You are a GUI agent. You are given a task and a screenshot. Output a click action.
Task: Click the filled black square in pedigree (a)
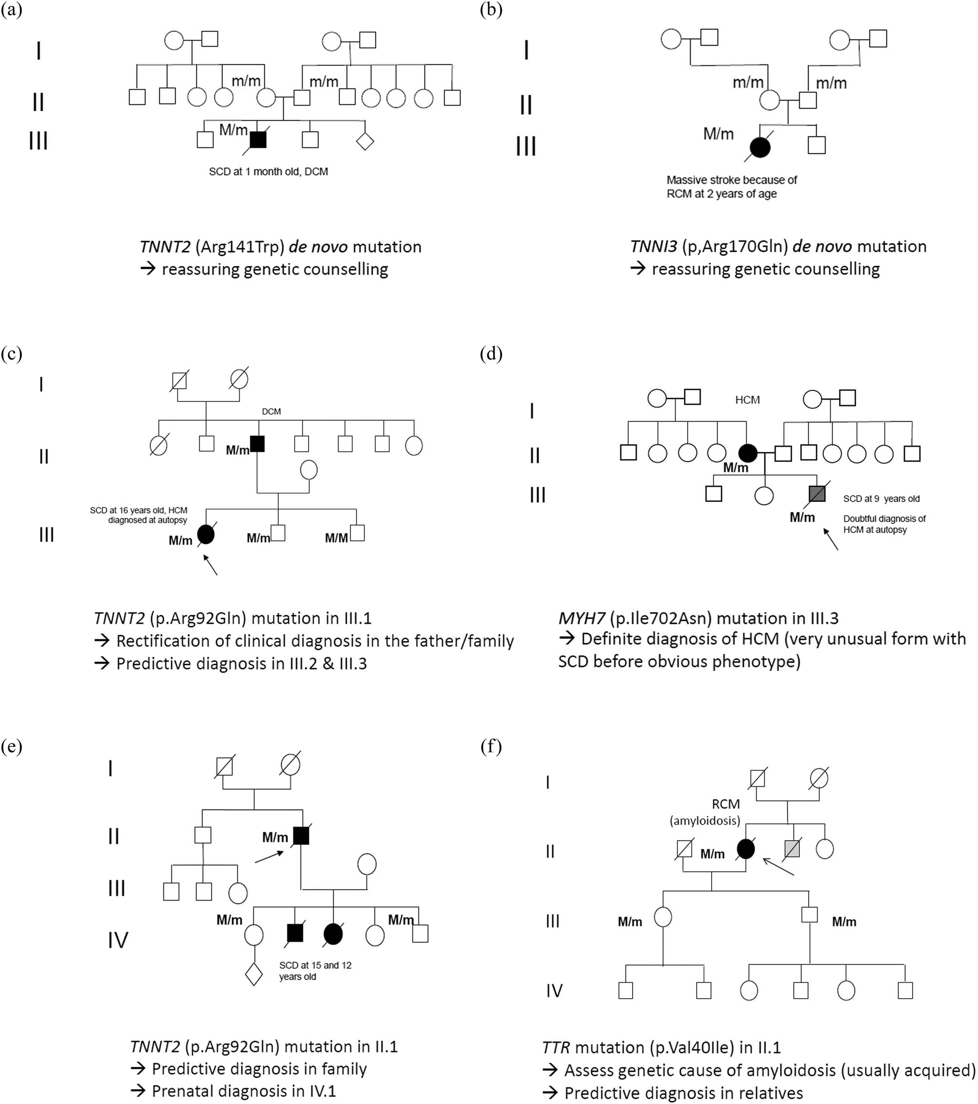258,140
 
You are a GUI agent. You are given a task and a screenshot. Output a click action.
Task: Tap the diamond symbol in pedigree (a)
365,141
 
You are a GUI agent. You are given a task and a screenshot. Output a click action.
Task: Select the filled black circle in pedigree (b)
760,147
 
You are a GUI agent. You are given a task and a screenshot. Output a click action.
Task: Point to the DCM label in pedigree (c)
271,412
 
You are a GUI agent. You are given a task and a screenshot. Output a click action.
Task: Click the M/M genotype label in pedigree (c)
336,538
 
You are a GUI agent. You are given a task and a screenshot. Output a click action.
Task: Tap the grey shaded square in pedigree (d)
817,494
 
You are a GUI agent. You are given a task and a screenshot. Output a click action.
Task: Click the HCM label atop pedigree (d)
747,400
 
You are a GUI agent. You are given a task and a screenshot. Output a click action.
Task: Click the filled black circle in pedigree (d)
747,453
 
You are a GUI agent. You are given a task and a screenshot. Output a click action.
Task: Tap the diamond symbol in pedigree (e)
254,974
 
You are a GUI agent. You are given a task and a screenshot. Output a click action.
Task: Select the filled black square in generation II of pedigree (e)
301,836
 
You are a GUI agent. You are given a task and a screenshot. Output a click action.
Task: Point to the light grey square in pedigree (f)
792,849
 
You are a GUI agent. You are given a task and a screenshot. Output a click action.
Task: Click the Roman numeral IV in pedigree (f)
554,990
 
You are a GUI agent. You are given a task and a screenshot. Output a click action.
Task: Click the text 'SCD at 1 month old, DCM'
268,172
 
